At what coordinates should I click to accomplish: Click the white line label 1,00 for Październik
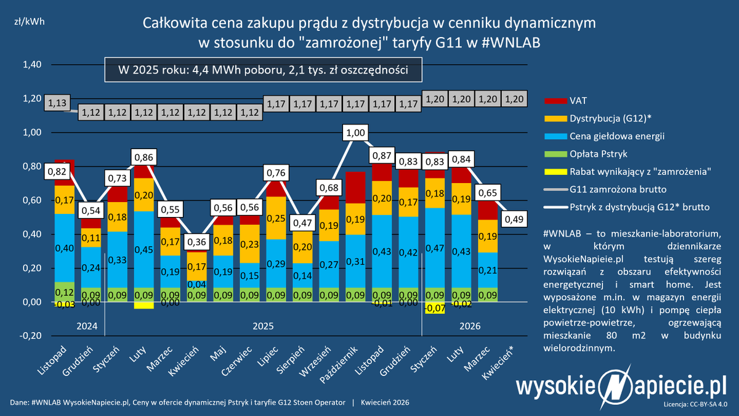pyautogui.click(x=355, y=133)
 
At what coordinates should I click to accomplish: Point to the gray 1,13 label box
pyautogui.click(x=57, y=102)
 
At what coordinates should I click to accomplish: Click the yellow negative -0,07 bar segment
pyautogui.click(x=435, y=308)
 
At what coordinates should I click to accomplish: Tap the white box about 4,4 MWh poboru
pyautogui.click(x=264, y=71)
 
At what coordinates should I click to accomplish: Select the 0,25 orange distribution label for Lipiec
pyautogui.click(x=276, y=219)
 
